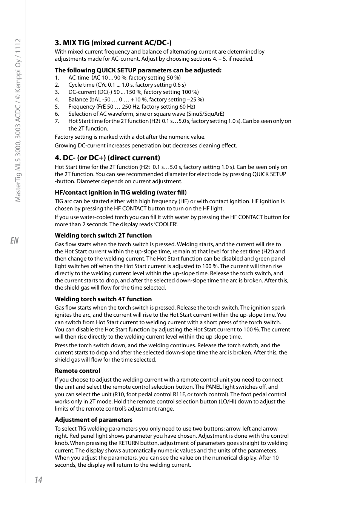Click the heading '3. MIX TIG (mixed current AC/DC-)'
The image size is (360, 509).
coord(113,43)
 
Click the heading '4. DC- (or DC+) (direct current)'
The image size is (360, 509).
coord(107,158)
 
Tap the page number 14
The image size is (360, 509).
coord(38,480)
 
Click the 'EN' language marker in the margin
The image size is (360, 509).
coord(14,241)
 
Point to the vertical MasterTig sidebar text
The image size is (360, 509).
coord(18,120)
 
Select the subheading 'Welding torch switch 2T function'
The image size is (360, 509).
coord(103,235)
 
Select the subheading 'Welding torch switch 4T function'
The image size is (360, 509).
coord(103,299)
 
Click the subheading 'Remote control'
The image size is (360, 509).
coord(77,371)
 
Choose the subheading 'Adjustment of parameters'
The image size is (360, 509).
coord(93,420)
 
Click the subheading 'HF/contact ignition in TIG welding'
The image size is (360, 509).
coord(120,192)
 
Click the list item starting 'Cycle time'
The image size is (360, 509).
coord(127,85)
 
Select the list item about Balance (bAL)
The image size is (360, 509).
coord(136,100)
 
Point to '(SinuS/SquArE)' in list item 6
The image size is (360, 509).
coord(205,114)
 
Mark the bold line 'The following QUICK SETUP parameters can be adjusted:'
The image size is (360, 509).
coord(138,70)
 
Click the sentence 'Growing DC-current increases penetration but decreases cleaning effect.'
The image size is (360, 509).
coord(146,146)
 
